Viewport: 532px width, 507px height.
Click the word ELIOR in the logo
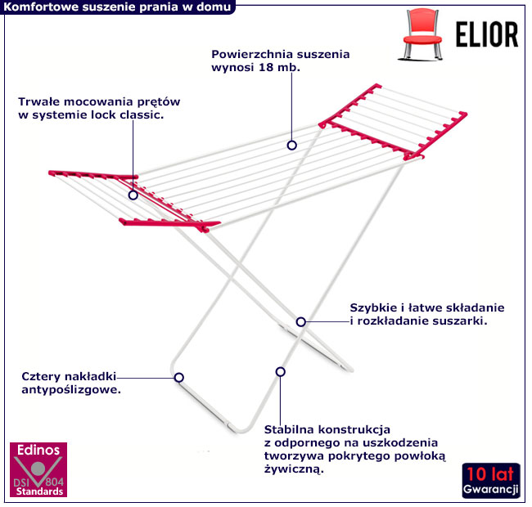[485, 35]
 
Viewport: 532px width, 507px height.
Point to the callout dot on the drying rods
[291, 145]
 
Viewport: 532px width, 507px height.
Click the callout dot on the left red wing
[133, 195]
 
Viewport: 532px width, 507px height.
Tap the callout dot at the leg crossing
[301, 322]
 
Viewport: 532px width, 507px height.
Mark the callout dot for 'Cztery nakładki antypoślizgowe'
[179, 377]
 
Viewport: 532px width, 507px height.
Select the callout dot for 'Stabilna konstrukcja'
[280, 371]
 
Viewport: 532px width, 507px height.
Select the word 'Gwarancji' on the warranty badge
[490, 489]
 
